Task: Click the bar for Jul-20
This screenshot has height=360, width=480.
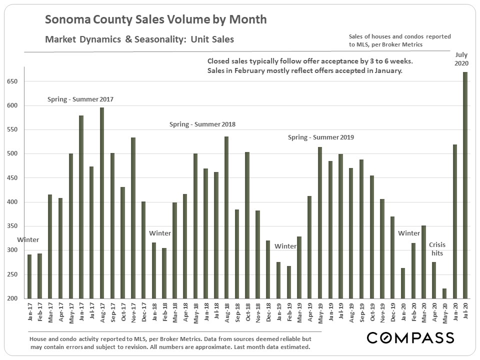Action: click(465, 185)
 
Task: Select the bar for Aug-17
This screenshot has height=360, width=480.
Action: click(102, 203)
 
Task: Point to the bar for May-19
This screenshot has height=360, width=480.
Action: click(320, 223)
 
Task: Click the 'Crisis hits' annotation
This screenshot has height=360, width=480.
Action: click(436, 249)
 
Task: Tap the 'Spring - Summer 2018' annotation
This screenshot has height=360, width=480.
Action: click(202, 124)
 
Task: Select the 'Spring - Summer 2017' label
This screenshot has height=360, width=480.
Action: click(80, 99)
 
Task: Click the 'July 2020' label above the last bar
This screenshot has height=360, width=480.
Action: click(462, 58)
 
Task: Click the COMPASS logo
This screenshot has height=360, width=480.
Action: click(410, 337)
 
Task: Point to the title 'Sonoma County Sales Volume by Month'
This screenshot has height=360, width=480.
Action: click(155, 20)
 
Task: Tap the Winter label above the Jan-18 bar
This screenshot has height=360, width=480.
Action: click(160, 233)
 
